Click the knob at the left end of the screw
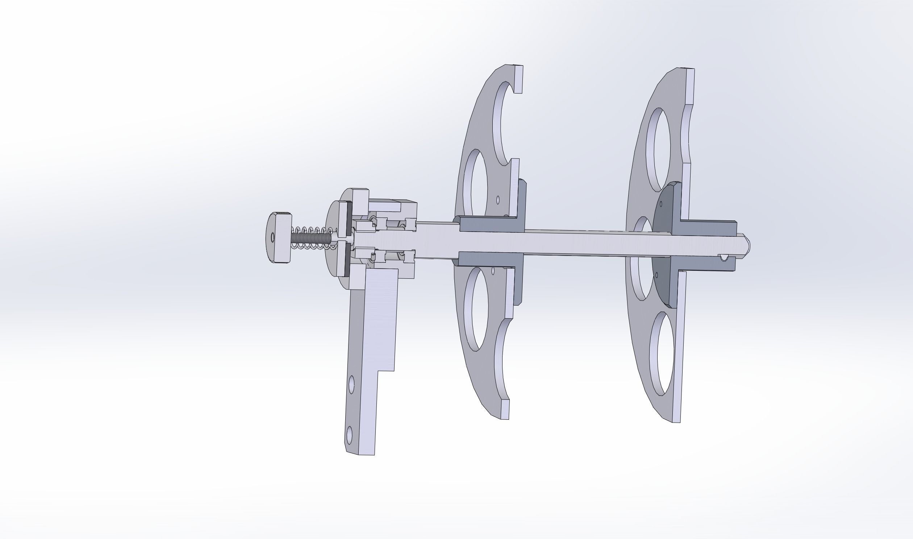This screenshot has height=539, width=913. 279,238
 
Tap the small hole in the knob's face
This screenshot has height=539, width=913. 272,237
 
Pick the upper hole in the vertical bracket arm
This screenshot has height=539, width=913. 351,385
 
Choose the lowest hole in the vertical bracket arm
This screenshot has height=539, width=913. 350,435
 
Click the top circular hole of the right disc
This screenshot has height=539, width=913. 658,149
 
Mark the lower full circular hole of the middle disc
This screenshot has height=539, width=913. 476,309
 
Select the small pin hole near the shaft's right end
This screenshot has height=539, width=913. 724,257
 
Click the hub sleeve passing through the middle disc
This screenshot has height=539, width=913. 490,225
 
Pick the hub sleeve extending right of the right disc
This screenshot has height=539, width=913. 708,227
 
